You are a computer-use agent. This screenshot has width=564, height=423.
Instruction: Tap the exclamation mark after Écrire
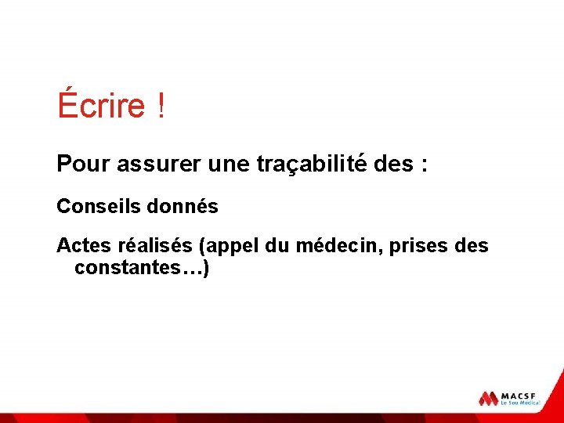(x=161, y=106)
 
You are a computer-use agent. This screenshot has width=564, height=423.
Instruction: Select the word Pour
(x=83, y=164)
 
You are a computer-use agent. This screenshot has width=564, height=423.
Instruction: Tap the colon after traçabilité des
(x=424, y=166)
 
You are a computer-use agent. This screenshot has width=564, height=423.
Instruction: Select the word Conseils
(x=93, y=207)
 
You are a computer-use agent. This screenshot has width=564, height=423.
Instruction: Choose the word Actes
(x=84, y=246)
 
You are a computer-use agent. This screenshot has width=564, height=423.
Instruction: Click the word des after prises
(x=471, y=246)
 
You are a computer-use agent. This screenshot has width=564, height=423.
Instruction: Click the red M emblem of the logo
(x=489, y=398)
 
